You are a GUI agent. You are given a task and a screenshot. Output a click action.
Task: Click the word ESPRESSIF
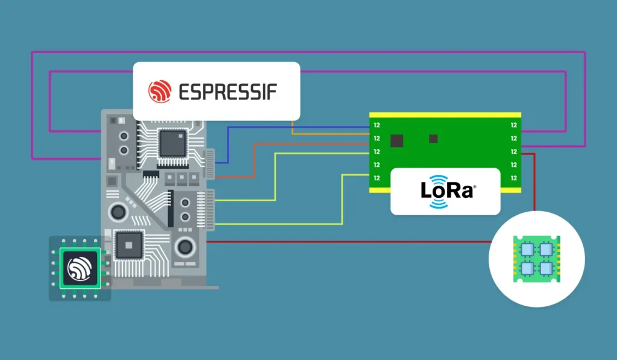pyautogui.click(x=228, y=92)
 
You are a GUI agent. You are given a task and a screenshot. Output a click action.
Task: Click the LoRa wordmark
pyautogui.click(x=446, y=191)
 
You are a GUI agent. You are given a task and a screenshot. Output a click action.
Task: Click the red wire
pyautogui.click(x=362, y=242)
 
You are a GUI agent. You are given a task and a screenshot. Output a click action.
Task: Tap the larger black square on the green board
pyautogui.click(x=396, y=141)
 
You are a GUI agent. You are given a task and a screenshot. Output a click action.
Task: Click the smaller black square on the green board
pyautogui.click(x=433, y=139)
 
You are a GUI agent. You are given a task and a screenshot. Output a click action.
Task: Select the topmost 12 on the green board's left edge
pyautogui.click(x=377, y=125)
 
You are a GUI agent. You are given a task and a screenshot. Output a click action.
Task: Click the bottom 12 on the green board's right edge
pyautogui.click(x=513, y=178)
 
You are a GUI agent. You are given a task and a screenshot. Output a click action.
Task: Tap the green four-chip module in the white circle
pyautogui.click(x=536, y=257)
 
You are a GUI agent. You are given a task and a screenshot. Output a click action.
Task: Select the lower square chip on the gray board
pyautogui.click(x=129, y=244)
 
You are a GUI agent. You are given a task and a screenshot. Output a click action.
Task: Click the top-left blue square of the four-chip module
pyautogui.click(x=527, y=249)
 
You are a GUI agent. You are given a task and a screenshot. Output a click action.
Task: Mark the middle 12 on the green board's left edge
pyautogui.click(x=377, y=151)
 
